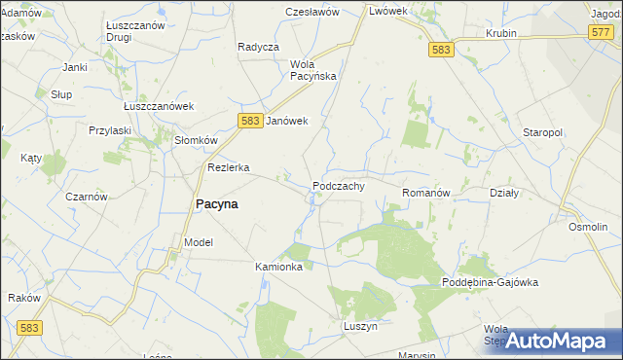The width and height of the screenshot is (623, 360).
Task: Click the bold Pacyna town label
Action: click(x=218, y=204)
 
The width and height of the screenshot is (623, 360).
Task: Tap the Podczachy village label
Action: click(x=339, y=186)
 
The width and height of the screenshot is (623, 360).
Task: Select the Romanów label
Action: click(x=425, y=194)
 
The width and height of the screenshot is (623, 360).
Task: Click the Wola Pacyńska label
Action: click(x=313, y=69)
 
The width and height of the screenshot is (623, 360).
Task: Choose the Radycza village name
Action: click(x=258, y=47)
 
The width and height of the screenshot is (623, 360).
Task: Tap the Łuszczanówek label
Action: click(x=159, y=106)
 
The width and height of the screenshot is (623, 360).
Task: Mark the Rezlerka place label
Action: click(x=229, y=167)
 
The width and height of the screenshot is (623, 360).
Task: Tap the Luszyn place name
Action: click(x=360, y=326)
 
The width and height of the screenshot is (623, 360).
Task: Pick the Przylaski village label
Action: click(x=110, y=130)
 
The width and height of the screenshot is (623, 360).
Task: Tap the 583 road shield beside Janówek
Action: click(x=249, y=120)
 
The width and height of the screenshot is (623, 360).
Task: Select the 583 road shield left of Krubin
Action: click(x=441, y=50)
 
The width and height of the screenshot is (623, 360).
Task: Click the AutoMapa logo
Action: click(x=561, y=340)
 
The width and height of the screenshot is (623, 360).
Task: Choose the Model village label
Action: click(x=198, y=241)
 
